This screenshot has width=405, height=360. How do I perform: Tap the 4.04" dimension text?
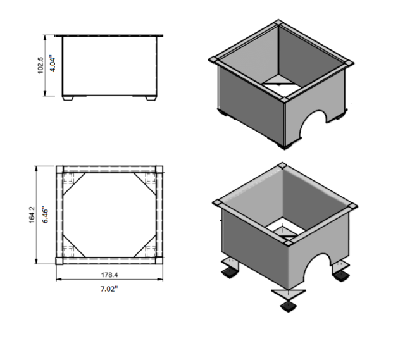coord(54,65)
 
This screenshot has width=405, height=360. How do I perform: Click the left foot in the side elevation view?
coord(72,97)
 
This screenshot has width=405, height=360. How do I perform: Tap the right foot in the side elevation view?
coord(150,97)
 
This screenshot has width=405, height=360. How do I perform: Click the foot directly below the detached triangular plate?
coord(288,308)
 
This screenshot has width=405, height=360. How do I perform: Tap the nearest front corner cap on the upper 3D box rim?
coord(285,99)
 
